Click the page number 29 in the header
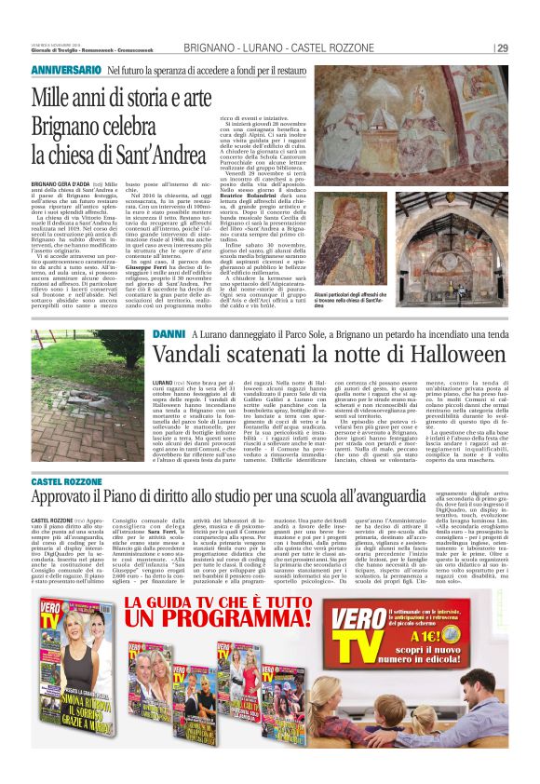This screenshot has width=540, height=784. (x=502, y=48)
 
